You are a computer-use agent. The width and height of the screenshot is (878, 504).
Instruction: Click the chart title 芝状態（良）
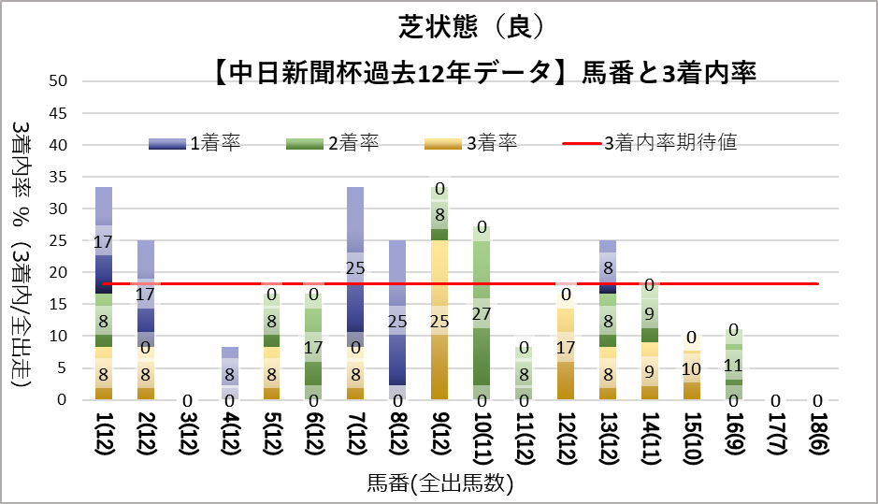(x=438, y=28)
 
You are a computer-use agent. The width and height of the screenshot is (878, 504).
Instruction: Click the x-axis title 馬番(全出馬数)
(x=440, y=483)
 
